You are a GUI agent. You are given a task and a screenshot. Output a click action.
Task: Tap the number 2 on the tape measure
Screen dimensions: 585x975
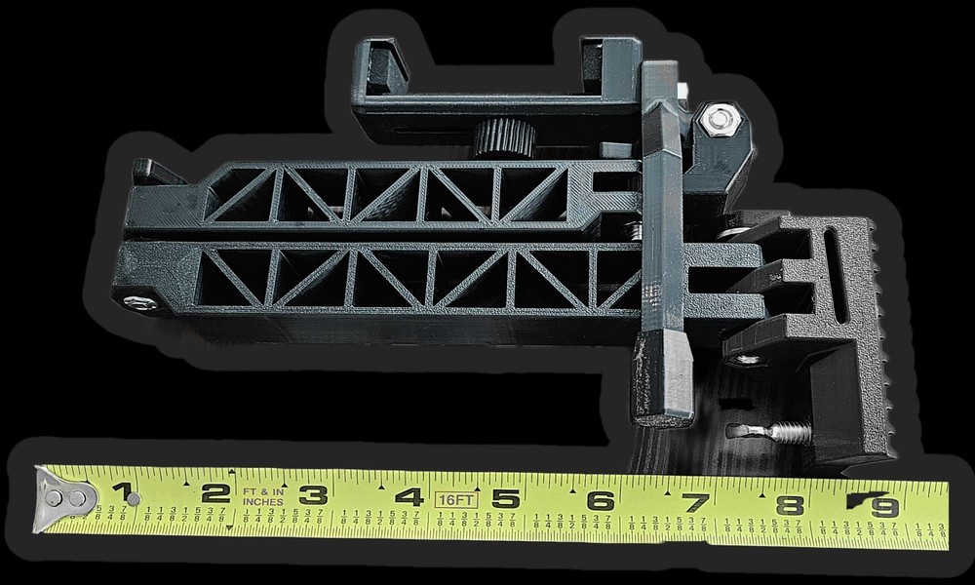[216, 493]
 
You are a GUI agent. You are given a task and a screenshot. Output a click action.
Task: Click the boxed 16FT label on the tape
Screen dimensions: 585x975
[455, 498]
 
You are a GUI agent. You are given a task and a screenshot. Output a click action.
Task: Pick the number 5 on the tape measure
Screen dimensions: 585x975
[504, 499]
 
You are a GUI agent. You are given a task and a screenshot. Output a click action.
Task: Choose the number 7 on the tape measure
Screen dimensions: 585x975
[695, 503]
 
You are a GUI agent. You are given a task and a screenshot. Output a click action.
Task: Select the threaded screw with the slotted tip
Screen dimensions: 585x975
[770, 430]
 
